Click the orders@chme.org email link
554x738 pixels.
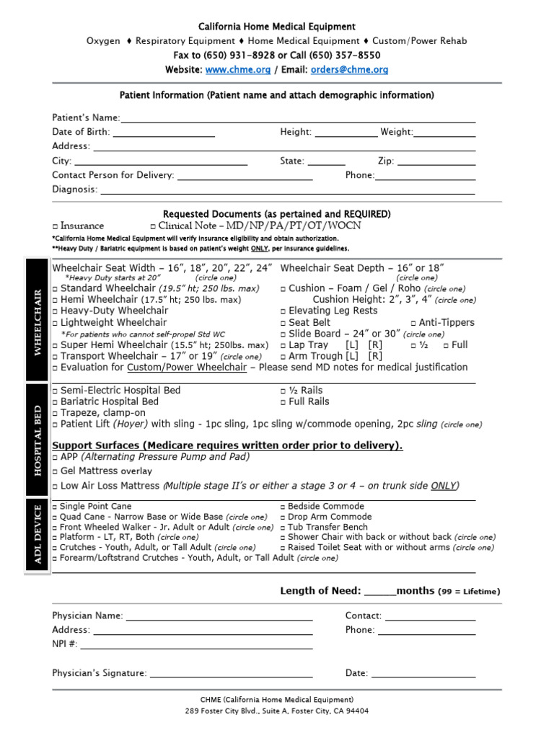coord(350,70)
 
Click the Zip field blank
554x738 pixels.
coord(436,162)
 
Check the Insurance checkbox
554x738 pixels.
coord(56,226)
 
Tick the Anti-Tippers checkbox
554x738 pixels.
coord(413,323)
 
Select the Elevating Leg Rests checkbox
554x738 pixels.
coord(283,311)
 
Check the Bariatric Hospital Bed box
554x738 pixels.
coord(56,402)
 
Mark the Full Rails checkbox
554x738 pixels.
coord(283,402)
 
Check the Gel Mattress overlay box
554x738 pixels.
coord(56,471)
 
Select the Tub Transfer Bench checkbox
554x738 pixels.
coord(283,528)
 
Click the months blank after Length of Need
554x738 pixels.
coord(380,592)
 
